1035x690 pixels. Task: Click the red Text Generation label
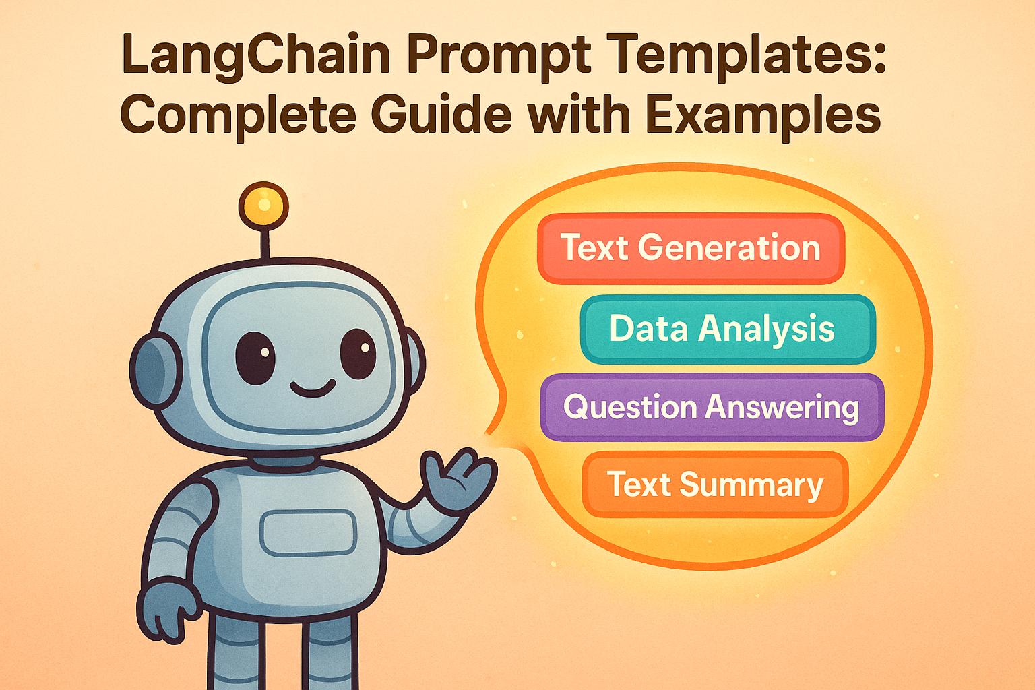(x=691, y=248)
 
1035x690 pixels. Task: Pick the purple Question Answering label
(x=712, y=408)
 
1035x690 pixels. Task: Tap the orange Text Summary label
(x=715, y=484)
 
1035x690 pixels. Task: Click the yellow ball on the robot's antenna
(x=263, y=202)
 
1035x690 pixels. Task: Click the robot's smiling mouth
(x=312, y=387)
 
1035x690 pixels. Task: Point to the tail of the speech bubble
(x=495, y=431)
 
